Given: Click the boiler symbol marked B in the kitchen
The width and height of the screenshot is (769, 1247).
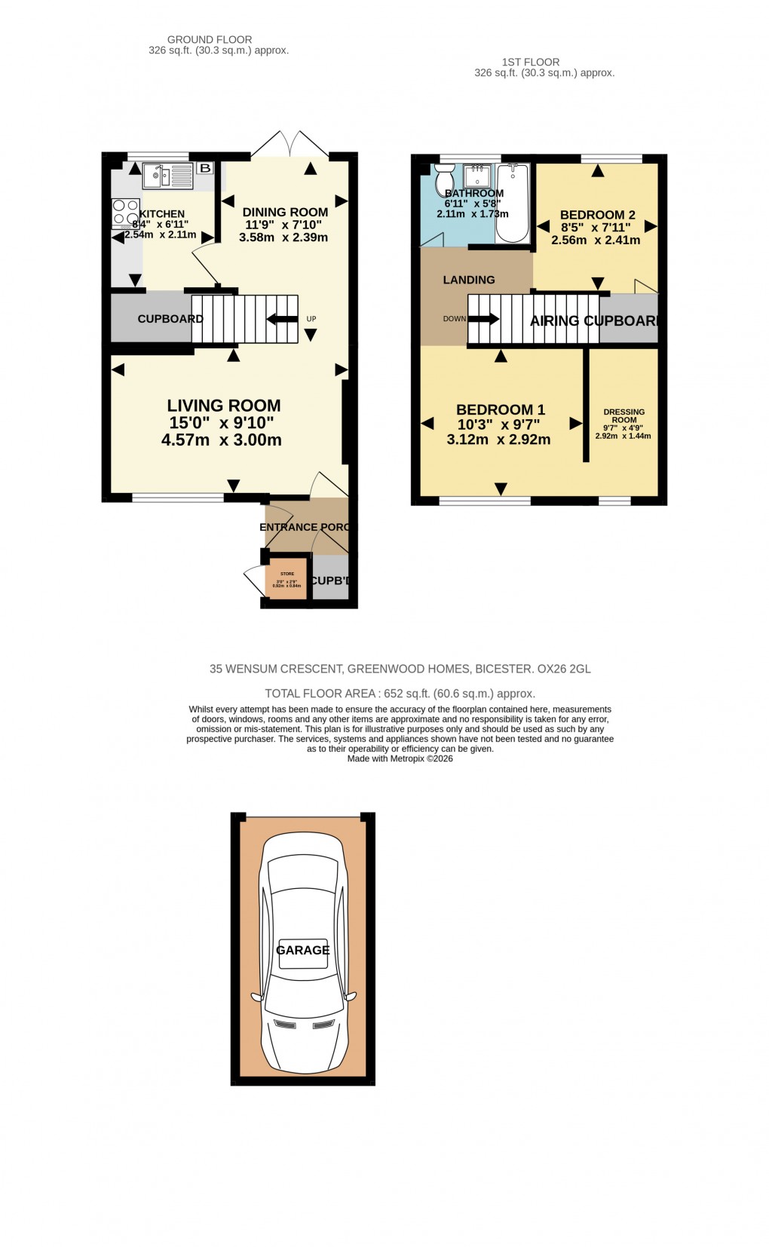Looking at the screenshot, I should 204,168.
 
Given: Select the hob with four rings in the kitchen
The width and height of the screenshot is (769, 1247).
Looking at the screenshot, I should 125,212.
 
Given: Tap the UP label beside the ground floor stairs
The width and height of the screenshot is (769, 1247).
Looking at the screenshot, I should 311,319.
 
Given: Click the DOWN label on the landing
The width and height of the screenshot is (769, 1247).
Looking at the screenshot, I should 454,319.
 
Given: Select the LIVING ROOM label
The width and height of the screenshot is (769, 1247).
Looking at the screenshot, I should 224,406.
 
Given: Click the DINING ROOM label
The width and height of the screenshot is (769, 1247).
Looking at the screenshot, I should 285,213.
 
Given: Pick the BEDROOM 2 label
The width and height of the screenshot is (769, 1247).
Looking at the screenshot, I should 597,215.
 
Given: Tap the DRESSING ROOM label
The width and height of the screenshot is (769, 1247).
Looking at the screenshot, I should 624,416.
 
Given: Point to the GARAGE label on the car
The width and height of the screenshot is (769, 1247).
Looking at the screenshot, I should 302,950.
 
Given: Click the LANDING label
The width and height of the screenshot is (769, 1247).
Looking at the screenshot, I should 469,280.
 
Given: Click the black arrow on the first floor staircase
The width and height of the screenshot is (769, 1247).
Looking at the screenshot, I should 485,319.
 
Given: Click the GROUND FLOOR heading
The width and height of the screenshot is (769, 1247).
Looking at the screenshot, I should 210,39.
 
